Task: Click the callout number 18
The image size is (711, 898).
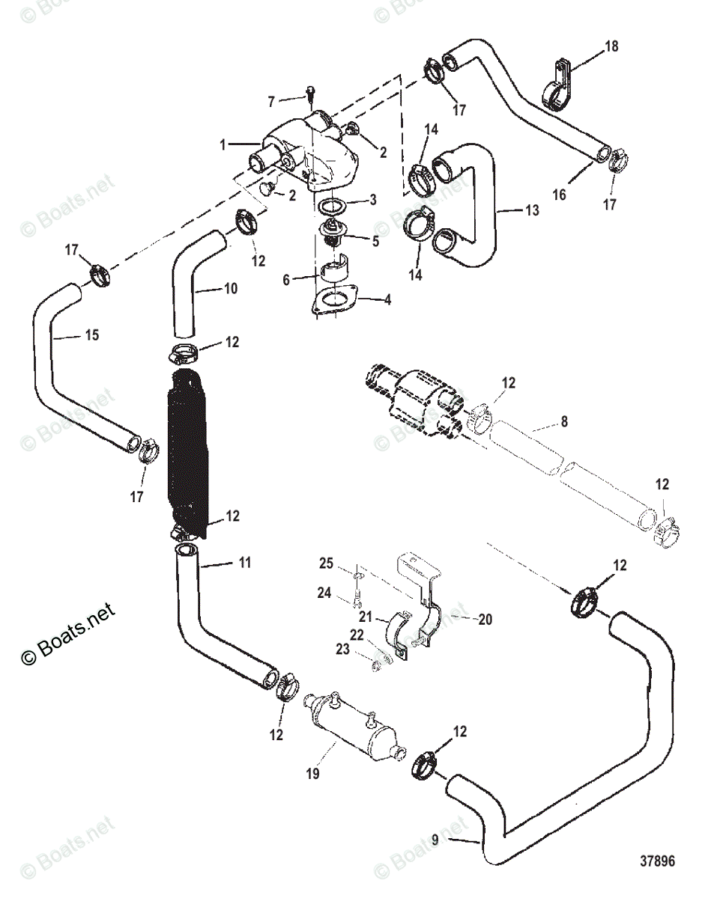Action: (612, 46)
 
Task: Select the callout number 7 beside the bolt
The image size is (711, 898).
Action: (272, 100)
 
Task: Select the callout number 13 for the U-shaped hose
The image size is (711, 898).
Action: (531, 211)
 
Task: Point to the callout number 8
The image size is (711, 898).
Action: (563, 422)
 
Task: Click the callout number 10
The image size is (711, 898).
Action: (230, 287)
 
